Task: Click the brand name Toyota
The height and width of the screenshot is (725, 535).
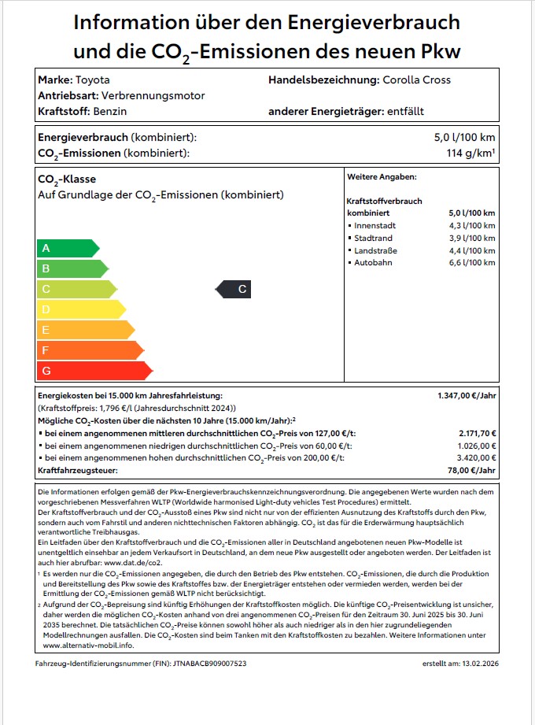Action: tap(92, 80)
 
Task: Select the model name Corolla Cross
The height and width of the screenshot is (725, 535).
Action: tap(416, 80)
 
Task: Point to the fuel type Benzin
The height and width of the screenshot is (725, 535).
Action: tap(99, 112)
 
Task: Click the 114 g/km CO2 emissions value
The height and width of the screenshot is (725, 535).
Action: tap(470, 153)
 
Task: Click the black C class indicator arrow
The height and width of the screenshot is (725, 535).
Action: tap(234, 290)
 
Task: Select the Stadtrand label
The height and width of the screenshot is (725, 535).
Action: tap(374, 238)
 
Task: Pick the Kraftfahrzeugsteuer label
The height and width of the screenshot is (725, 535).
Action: tap(78, 470)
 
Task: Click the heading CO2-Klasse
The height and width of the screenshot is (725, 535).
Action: tap(67, 179)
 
